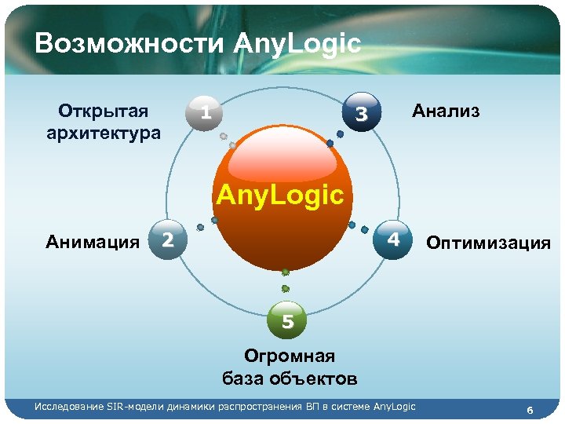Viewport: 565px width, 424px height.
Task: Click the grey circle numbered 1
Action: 203,113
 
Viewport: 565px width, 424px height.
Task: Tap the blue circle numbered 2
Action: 167,239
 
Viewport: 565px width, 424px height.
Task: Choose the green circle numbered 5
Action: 287,321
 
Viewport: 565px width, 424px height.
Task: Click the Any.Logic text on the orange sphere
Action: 280,194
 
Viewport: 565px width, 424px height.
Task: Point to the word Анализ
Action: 446,111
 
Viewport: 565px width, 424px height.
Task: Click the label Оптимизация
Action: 488,243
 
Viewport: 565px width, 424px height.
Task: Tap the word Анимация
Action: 93,240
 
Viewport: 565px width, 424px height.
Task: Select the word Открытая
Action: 104,111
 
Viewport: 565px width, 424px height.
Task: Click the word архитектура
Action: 104,132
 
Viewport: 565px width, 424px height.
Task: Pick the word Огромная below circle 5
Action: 290,357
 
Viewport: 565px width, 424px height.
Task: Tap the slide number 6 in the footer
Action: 530,411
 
